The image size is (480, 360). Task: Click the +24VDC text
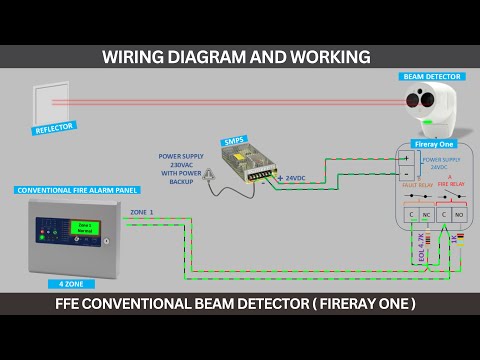click(x=292, y=178)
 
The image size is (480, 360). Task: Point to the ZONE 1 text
click(x=143, y=213)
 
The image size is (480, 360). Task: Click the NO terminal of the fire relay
click(x=459, y=215)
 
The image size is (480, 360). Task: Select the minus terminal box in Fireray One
click(x=408, y=171)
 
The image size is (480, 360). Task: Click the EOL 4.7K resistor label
click(x=421, y=248)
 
